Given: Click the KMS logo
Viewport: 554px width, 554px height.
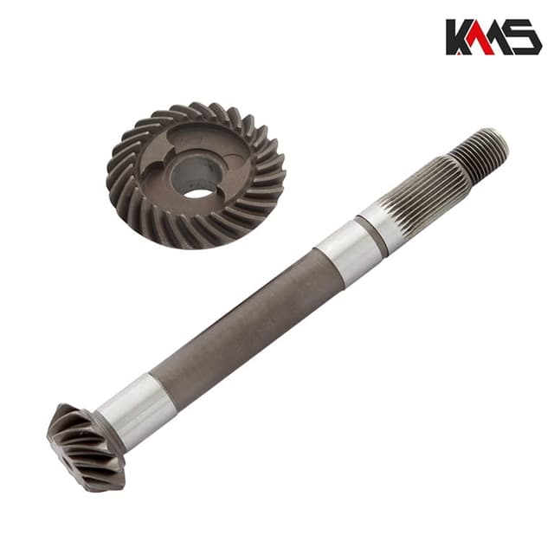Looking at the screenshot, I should [x=493, y=37].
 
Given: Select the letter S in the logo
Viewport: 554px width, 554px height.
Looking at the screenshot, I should [x=524, y=37].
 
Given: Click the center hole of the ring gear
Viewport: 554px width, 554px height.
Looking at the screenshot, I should [x=198, y=190].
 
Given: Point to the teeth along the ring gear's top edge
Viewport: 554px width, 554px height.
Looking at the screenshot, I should [x=195, y=112].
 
